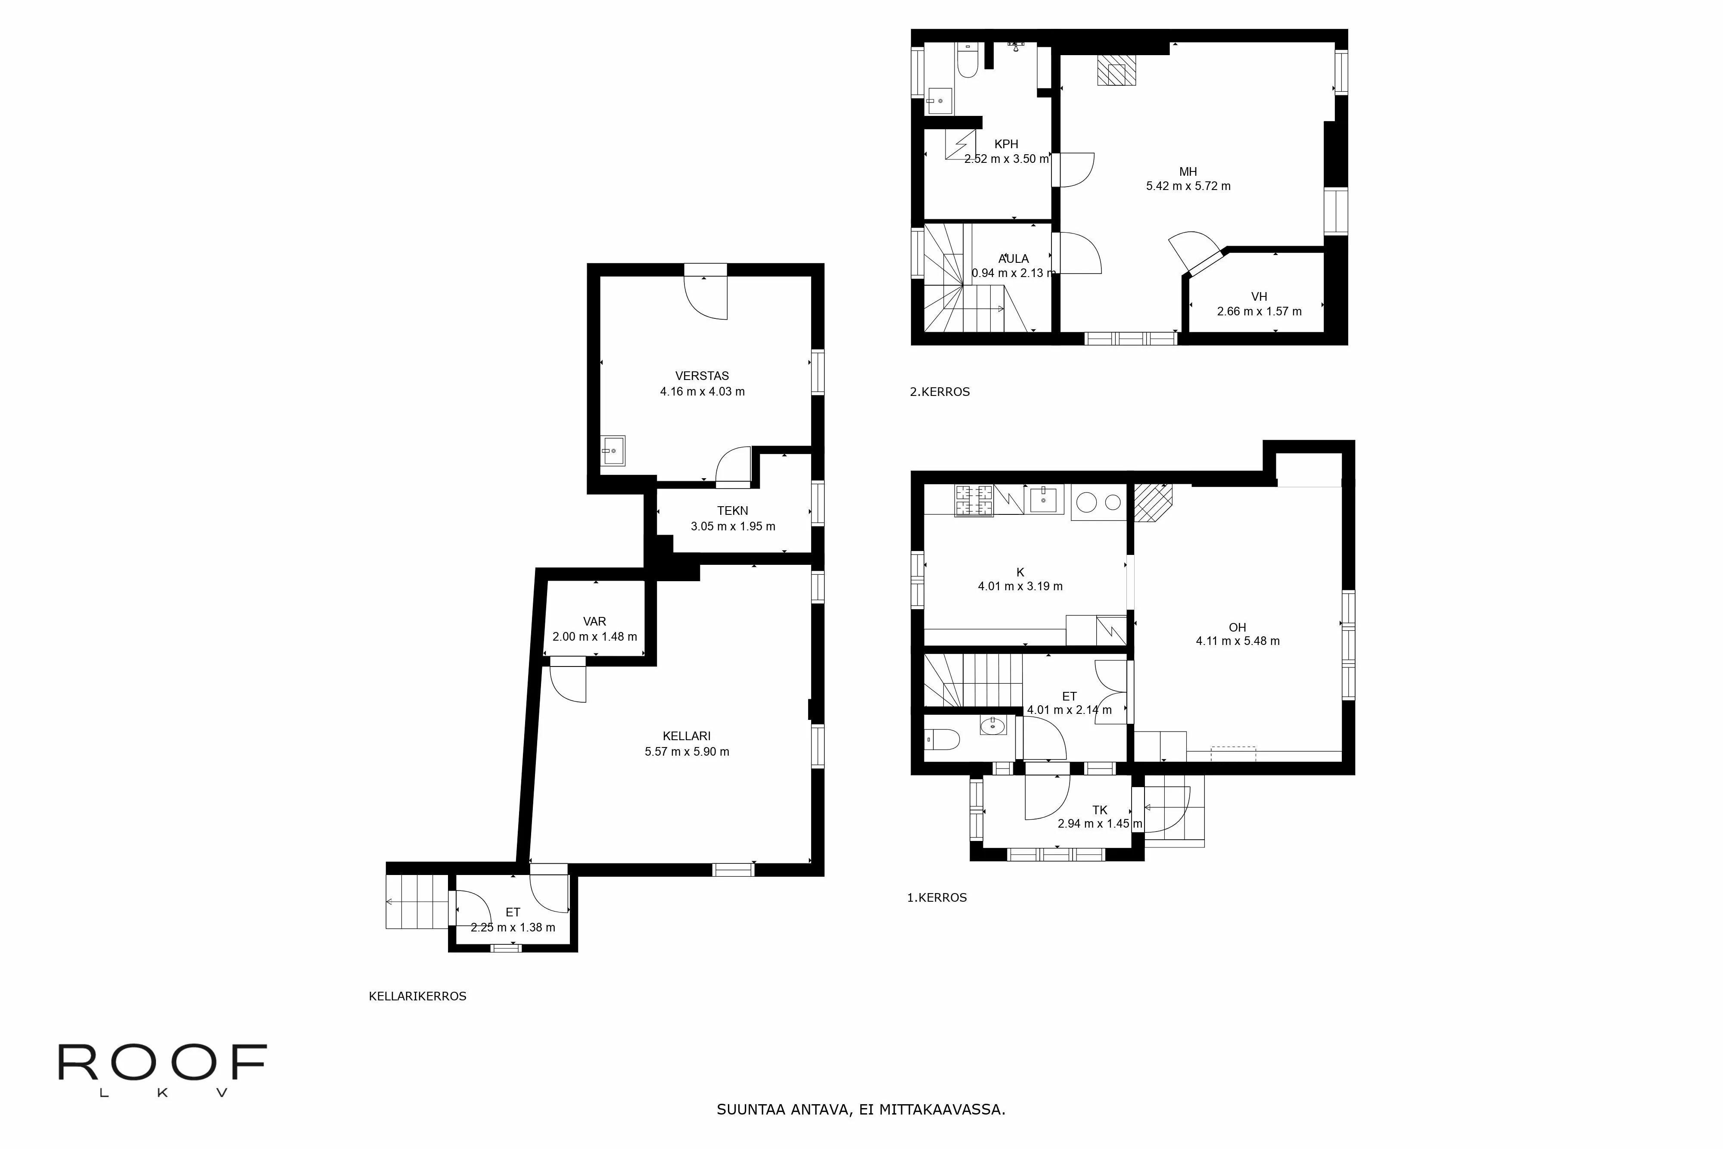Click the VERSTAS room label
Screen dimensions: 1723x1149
point(702,376)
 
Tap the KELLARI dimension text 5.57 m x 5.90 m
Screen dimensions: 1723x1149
point(687,751)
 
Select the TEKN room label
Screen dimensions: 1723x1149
point(733,511)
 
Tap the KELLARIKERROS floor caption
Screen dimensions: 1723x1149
point(417,996)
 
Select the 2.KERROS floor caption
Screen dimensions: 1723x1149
point(940,392)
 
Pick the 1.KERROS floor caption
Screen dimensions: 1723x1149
point(937,898)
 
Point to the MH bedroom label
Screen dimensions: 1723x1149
point(1188,172)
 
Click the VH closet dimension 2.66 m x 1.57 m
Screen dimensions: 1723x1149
point(1259,311)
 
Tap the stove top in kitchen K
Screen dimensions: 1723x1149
point(974,501)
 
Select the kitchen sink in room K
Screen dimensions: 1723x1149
point(1043,499)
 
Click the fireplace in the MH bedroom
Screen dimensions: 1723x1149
point(1117,70)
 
